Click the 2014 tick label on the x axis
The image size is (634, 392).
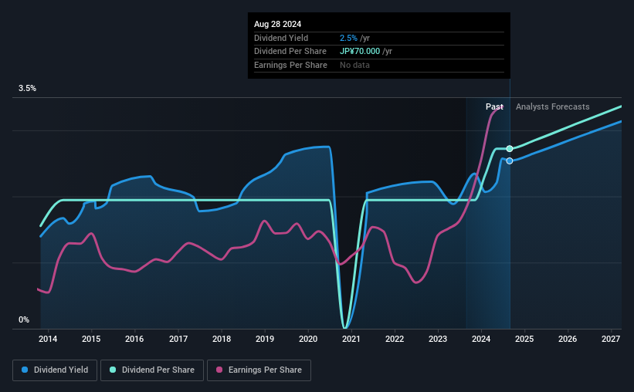(48, 339)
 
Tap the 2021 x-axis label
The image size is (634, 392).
(351, 339)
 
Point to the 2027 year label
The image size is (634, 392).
(611, 339)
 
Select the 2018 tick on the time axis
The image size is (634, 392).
(222, 339)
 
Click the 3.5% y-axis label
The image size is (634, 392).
(28, 89)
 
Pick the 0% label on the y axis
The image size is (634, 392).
(24, 319)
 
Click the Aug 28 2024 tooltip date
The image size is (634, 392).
(278, 24)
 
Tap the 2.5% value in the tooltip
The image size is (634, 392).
(348, 38)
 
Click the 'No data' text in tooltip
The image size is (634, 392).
(354, 65)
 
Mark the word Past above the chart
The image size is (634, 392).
(494, 107)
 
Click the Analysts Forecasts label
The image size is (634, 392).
(552, 107)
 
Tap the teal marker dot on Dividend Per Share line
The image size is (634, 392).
(510, 148)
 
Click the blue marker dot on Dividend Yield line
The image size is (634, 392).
(510, 161)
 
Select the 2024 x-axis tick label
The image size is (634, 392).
(481, 339)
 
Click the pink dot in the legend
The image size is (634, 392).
(219, 370)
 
